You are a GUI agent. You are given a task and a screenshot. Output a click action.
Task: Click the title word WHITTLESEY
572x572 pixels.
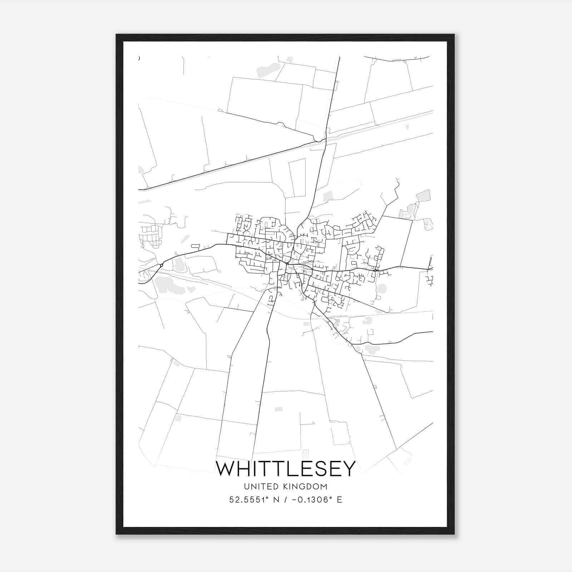(286, 469)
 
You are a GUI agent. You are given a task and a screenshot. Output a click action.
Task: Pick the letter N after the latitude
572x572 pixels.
(276, 500)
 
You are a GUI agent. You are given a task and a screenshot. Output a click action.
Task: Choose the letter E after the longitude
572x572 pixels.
(339, 500)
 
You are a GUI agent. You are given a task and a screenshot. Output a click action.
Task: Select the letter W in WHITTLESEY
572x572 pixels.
(225, 469)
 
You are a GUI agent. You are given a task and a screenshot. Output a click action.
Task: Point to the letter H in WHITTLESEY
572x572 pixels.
(245, 469)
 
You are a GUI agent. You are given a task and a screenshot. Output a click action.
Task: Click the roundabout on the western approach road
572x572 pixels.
(162, 265)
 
